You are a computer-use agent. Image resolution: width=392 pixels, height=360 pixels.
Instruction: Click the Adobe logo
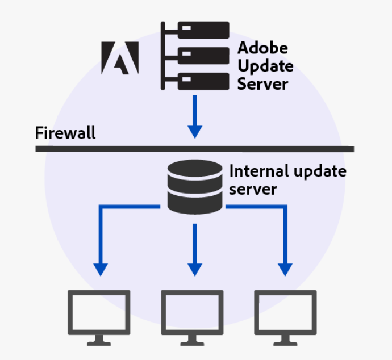coord(120,57)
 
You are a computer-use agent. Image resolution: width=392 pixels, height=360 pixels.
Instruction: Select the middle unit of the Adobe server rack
coord(203,56)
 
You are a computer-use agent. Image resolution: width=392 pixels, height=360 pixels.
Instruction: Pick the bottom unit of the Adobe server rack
coord(203,81)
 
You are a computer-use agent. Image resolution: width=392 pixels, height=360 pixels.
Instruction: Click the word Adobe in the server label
coord(262,48)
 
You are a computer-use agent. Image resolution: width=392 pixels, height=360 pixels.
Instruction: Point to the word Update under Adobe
coord(265,66)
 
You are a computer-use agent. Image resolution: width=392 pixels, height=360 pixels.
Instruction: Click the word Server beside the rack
coord(262,84)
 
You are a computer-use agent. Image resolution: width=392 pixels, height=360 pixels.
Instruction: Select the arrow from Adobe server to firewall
coord(195,116)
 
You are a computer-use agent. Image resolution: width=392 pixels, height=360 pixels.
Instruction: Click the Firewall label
coord(65,133)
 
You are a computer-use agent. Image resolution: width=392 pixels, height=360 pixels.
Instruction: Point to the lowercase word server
coord(253,189)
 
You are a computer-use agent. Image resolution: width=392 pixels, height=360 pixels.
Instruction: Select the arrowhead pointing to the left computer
coord(101,269)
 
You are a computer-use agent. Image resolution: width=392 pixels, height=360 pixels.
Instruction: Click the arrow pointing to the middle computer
coord(195,250)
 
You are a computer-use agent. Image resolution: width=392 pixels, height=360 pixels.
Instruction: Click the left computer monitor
coord(99,312)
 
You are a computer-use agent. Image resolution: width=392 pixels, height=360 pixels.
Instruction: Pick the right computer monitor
coord(285,312)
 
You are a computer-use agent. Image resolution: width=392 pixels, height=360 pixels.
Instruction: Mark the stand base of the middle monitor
coord(192,342)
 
